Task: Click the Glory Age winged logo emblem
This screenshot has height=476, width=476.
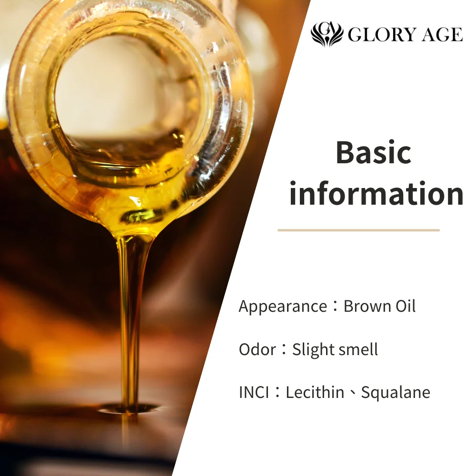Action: [327, 34]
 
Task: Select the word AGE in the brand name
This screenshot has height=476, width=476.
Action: [442, 35]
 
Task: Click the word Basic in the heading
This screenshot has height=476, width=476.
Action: [373, 153]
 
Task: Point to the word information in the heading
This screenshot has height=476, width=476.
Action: [376, 194]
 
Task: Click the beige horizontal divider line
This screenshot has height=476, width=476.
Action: [358, 230]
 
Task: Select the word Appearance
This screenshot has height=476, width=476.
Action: [283, 307]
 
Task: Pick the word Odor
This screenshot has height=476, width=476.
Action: [257, 349]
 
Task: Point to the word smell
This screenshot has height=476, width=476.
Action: [358, 349]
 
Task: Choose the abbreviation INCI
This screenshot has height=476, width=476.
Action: [254, 392]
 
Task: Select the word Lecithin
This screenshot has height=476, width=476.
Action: [315, 392]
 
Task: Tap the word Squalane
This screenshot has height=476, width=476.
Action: [396, 392]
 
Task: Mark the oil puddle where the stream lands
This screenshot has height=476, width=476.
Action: [129, 408]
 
